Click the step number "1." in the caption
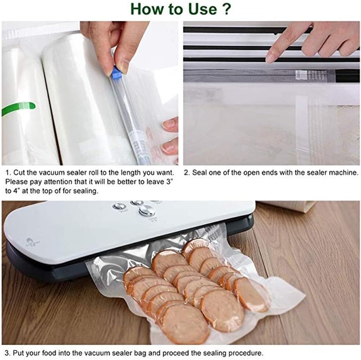8,172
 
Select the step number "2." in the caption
187,172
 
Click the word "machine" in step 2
346,172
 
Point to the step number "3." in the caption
8,353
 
